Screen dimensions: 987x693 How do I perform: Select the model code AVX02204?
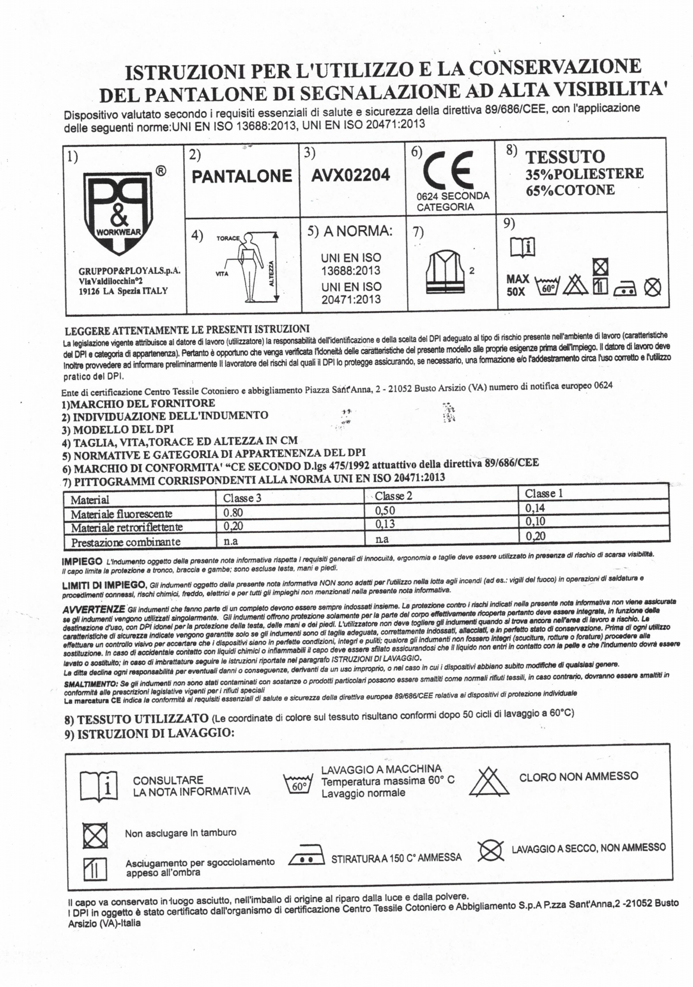click(x=351, y=175)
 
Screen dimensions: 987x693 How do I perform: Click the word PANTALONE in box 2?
click(x=242, y=176)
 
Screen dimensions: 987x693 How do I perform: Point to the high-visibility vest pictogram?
click(x=444, y=273)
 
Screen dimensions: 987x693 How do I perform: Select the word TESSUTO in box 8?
click(x=565, y=157)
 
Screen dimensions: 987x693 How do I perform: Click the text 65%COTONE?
click(x=570, y=190)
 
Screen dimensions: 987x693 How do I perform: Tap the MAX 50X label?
click(x=517, y=285)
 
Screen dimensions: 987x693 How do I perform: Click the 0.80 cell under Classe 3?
click(x=233, y=512)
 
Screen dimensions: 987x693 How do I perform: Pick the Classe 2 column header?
click(x=393, y=496)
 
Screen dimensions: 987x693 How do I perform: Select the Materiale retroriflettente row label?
click(x=127, y=528)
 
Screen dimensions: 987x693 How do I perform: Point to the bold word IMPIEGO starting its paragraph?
click(x=82, y=562)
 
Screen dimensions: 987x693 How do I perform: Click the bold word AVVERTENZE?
click(x=94, y=610)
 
